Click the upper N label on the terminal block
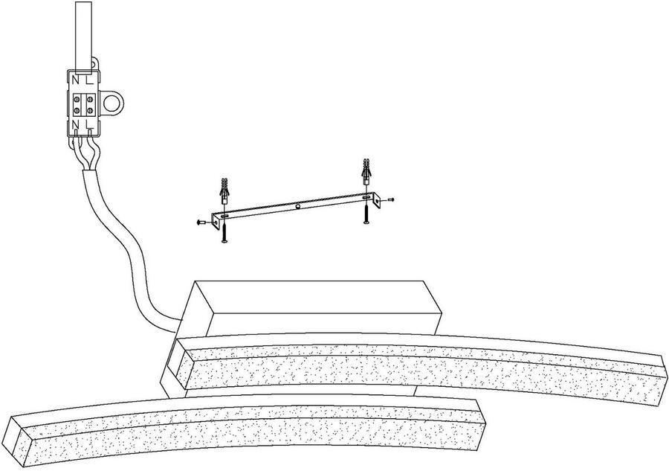76,80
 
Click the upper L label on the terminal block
89,80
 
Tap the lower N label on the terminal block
76,124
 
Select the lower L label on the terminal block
88,124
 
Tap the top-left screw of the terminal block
77,100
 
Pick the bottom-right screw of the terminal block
90,111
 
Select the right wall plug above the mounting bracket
366,171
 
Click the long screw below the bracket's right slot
366,213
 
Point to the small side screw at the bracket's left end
201,222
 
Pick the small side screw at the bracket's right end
390,199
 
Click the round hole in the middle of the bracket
298,207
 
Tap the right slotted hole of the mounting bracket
366,198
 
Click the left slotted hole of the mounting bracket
224,217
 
